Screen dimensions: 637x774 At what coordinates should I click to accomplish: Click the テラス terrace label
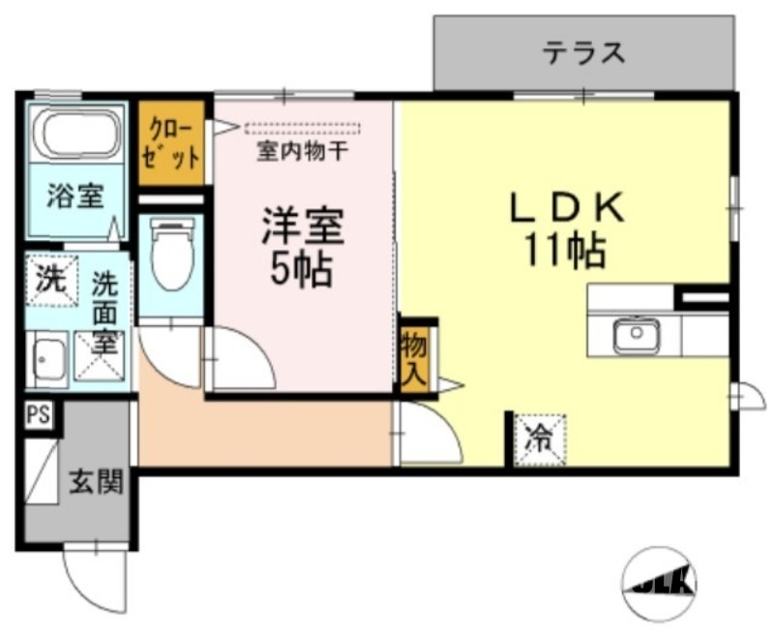pos(583,52)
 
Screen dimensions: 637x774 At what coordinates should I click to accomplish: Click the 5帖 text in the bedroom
pos(301,271)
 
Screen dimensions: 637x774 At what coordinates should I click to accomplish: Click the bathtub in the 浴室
pos(76,135)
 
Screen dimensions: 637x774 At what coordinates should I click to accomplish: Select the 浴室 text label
pos(75,197)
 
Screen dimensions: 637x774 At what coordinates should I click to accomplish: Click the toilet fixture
pos(172,257)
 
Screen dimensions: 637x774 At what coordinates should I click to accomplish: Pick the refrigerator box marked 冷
pos(539,440)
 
